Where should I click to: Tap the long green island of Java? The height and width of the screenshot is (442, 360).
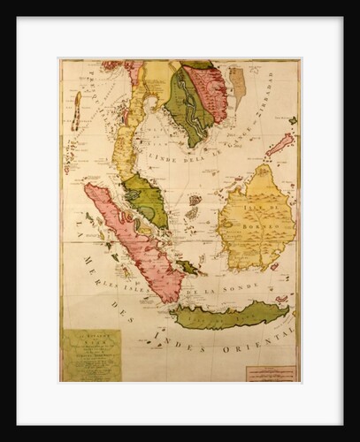(x=233, y=315)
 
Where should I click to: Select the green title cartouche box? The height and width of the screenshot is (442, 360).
(x=91, y=354)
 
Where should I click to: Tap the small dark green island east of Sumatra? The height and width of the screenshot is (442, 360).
(x=188, y=266)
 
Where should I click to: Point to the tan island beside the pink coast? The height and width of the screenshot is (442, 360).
(x=237, y=84)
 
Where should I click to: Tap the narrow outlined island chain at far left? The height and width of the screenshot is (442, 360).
(x=77, y=110)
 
